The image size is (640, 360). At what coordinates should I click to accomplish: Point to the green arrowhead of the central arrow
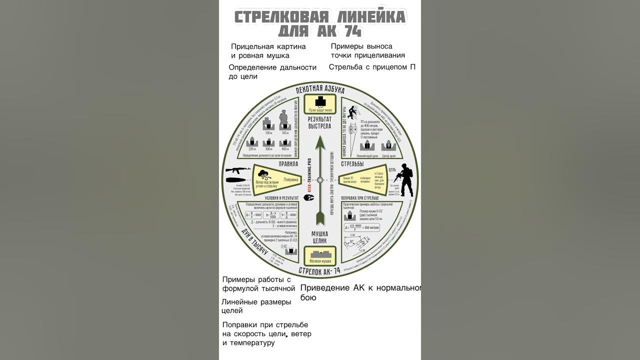[320, 144]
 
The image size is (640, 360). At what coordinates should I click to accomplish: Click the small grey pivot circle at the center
[320, 180]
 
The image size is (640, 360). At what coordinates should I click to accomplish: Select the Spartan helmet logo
[310, 196]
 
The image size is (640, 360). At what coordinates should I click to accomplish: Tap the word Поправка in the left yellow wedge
[291, 179]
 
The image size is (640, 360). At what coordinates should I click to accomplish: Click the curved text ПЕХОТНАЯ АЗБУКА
[320, 89]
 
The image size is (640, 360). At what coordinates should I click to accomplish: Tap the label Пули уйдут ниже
[320, 109]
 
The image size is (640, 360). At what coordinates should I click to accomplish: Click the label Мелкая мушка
[320, 261]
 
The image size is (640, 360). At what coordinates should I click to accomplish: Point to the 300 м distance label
[269, 149]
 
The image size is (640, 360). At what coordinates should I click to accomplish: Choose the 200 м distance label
[253, 149]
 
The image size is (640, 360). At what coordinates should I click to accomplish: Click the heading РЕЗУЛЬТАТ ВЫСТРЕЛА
[320, 122]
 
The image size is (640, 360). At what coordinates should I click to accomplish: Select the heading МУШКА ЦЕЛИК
[320, 237]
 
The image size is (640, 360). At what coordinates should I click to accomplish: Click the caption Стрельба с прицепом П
[372, 66]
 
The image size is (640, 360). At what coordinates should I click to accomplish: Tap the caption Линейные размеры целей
[256, 306]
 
